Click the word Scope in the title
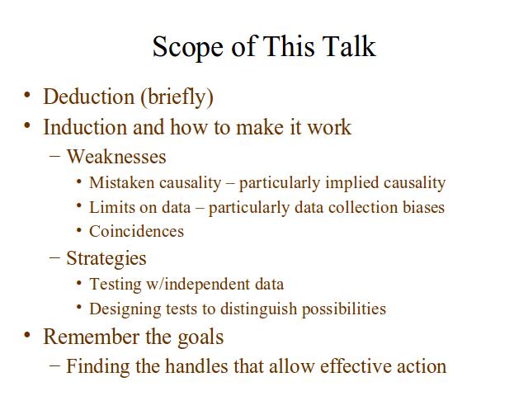click(187, 47)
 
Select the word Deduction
click(89, 97)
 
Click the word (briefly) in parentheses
click(177, 98)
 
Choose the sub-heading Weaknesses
click(116, 157)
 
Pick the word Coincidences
click(137, 231)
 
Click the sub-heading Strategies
click(106, 259)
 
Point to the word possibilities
click(344, 309)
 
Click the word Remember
click(92, 337)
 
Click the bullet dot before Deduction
click(27, 95)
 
